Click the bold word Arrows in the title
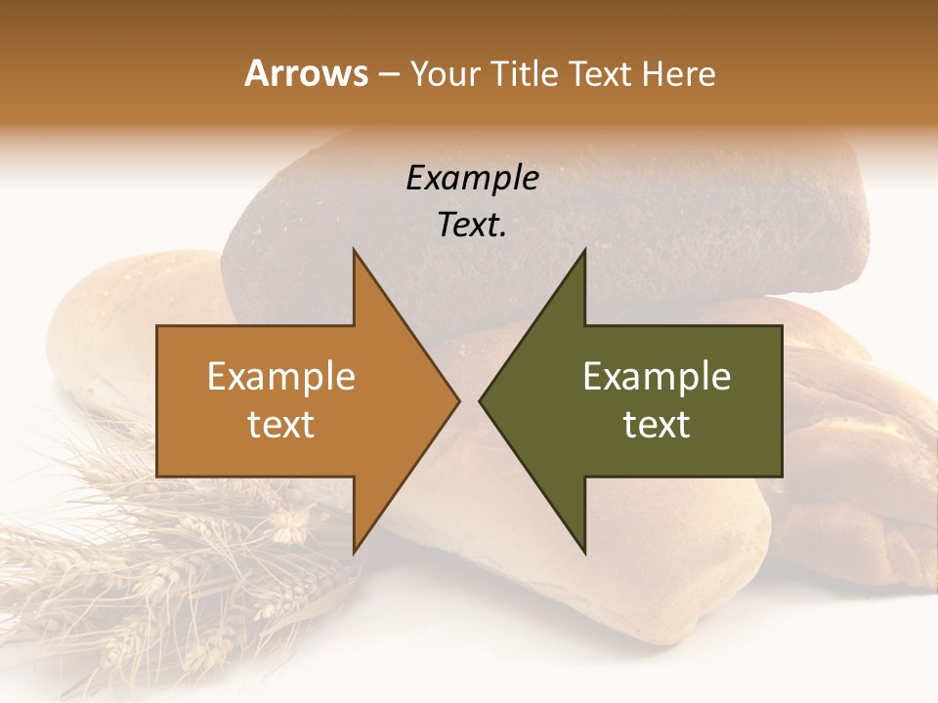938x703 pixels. pyautogui.click(x=306, y=73)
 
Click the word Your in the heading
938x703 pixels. pyautogui.click(x=446, y=73)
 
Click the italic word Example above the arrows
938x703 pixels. pyautogui.click(x=472, y=179)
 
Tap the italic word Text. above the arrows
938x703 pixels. pyautogui.click(x=472, y=225)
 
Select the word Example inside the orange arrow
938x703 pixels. pyautogui.click(x=281, y=377)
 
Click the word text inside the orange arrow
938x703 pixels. pyautogui.click(x=281, y=424)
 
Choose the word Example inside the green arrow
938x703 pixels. pyautogui.click(x=657, y=377)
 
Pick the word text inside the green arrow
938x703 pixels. pyautogui.click(x=657, y=424)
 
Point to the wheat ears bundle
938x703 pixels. pyautogui.click(x=147, y=576)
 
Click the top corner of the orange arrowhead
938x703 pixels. pyautogui.click(x=354, y=251)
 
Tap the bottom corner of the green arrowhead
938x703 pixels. pyautogui.click(x=584, y=552)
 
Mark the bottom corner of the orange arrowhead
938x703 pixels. pyautogui.click(x=354, y=552)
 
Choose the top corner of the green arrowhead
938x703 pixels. pyautogui.click(x=584, y=251)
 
